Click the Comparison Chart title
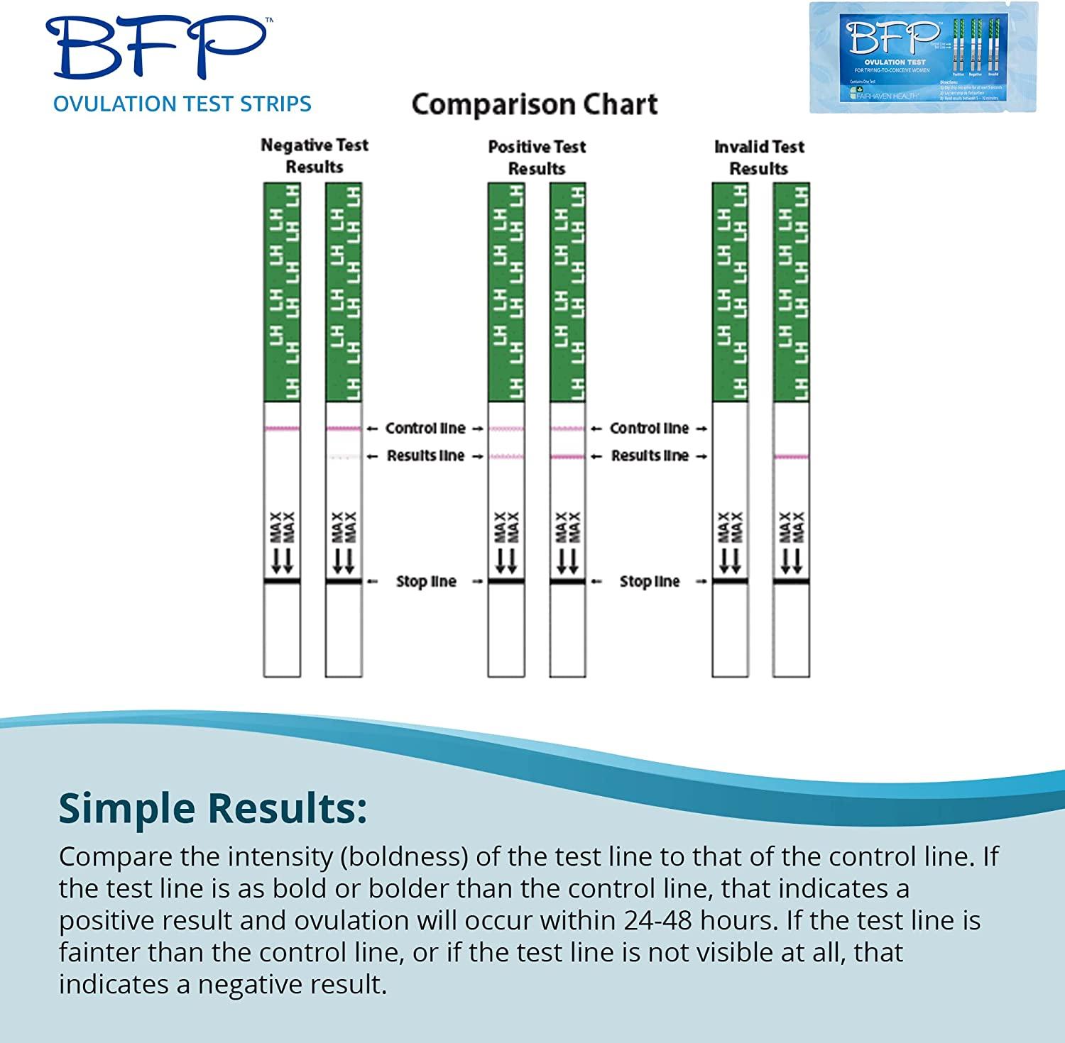tap(535, 104)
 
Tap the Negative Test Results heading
tap(315, 156)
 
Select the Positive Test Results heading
tap(537, 158)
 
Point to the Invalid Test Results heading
tap(759, 158)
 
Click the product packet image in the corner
tap(923, 57)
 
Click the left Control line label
tap(425, 429)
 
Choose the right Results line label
tap(650, 456)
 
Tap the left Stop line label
tap(426, 582)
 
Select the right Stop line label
tap(650, 582)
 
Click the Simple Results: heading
tap(213, 808)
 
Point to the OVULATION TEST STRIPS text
tap(182, 104)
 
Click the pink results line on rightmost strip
tap(791, 457)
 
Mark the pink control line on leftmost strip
tap(282, 429)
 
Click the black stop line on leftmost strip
tap(282, 582)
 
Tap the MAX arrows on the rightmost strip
tap(791, 543)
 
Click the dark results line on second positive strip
tap(567, 457)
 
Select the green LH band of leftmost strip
tap(282, 291)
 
